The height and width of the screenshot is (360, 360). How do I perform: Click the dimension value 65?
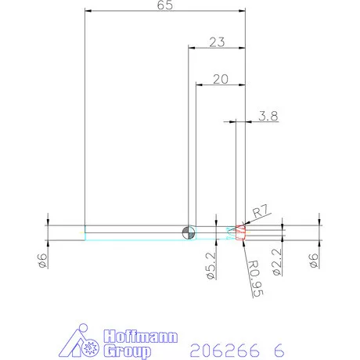pos(165,5)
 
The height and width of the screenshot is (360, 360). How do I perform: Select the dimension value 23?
pos(217,42)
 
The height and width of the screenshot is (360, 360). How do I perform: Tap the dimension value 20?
pos(220,79)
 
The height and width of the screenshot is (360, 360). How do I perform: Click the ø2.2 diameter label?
pos(276,263)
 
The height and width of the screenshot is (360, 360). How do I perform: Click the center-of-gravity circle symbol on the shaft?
pos(187,231)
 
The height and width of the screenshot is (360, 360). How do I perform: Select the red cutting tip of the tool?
pos(241,231)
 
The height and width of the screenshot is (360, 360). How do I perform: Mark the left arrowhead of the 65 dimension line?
pos(88,11)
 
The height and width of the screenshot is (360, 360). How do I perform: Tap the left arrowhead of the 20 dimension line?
pos(199,85)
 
